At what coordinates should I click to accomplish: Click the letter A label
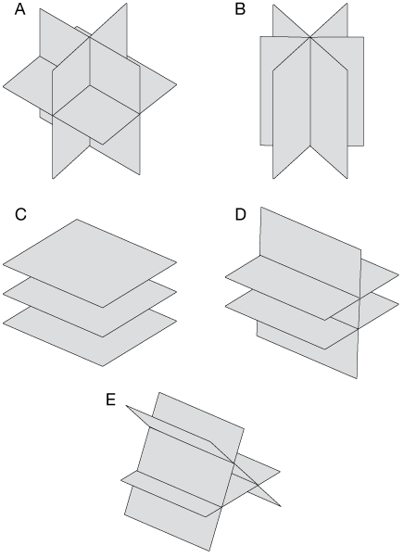[x=19, y=9]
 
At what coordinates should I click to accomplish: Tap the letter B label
[x=240, y=9]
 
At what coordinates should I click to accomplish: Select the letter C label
[x=20, y=215]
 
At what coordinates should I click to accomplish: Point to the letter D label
[x=241, y=215]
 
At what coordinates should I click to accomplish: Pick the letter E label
[x=110, y=399]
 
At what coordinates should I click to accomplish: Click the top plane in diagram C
[x=90, y=263]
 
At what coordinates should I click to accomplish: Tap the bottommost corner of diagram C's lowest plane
[x=103, y=366]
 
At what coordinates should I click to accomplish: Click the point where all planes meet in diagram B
[x=310, y=37]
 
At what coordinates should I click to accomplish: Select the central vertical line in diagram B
[x=310, y=92]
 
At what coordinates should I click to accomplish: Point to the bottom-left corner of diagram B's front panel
[x=273, y=178]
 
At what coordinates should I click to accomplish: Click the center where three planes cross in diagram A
[x=90, y=85]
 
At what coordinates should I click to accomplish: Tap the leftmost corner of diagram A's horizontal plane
[x=3, y=86]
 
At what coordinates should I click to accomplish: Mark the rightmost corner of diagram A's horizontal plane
[x=177, y=85]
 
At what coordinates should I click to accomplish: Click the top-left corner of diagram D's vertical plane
[x=261, y=207]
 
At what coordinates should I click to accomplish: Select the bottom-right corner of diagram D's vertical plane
[x=357, y=378]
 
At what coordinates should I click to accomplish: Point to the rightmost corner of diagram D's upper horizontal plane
[x=399, y=275]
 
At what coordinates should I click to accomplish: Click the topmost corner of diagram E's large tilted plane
[x=159, y=392]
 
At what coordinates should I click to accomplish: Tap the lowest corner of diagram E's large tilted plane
[x=210, y=552]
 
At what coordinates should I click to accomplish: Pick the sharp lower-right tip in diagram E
[x=281, y=506]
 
